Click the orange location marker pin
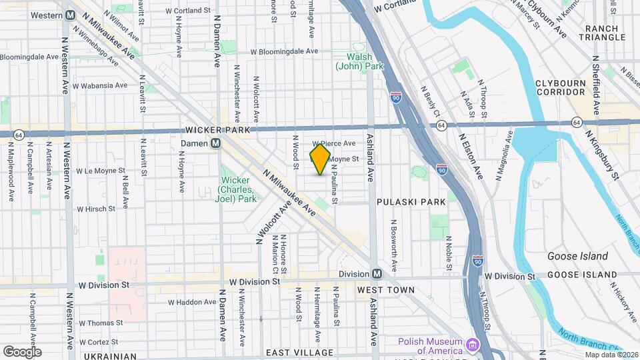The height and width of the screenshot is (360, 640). [x=320, y=160]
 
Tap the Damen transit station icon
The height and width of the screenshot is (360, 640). [x=215, y=143]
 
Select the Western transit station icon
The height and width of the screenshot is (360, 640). [x=70, y=15]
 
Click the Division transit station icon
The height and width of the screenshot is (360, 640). [x=377, y=274]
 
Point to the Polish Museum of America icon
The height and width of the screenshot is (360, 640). [x=473, y=345]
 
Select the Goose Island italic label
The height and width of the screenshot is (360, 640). [x=577, y=256]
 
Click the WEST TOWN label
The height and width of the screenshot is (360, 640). [x=385, y=290]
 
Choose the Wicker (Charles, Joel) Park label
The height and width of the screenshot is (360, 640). [x=237, y=189]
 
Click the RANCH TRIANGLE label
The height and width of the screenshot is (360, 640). [x=605, y=33]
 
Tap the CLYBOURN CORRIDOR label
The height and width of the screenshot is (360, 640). [x=569, y=87]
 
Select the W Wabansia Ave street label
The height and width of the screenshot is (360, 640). [x=102, y=85]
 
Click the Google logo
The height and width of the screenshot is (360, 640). [x=22, y=351]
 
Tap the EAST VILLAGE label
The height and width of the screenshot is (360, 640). [x=299, y=352]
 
